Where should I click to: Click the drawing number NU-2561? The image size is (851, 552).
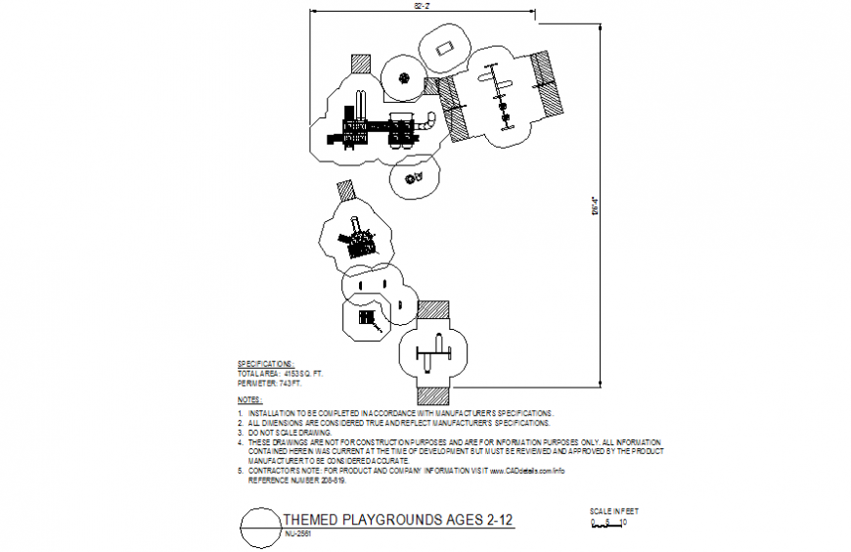click(x=299, y=535)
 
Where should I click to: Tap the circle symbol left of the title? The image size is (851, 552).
click(x=259, y=529)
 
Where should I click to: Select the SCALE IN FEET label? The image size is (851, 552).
click(x=613, y=511)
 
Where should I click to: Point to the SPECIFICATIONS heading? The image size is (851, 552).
click(x=265, y=362)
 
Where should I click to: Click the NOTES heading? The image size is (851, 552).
click(x=249, y=400)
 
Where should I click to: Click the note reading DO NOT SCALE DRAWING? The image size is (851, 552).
click(x=290, y=432)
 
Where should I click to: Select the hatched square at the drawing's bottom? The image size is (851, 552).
click(x=430, y=394)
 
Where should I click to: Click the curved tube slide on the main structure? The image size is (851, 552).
click(x=429, y=122)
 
